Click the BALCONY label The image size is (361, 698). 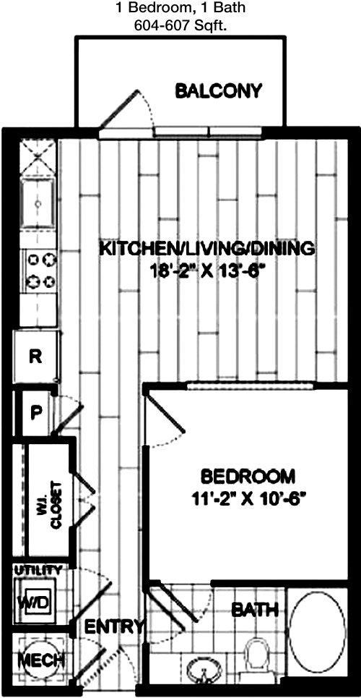click(x=218, y=91)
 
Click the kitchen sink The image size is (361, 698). click(x=39, y=205)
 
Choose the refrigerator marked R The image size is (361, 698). click(x=35, y=357)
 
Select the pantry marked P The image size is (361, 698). click(x=35, y=412)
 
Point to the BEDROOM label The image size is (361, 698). click(x=248, y=477)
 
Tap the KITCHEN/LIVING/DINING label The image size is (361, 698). click(x=207, y=249)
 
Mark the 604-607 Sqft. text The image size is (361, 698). click(x=181, y=26)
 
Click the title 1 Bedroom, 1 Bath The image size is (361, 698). click(x=181, y=7)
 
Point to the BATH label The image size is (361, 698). click(x=255, y=609)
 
